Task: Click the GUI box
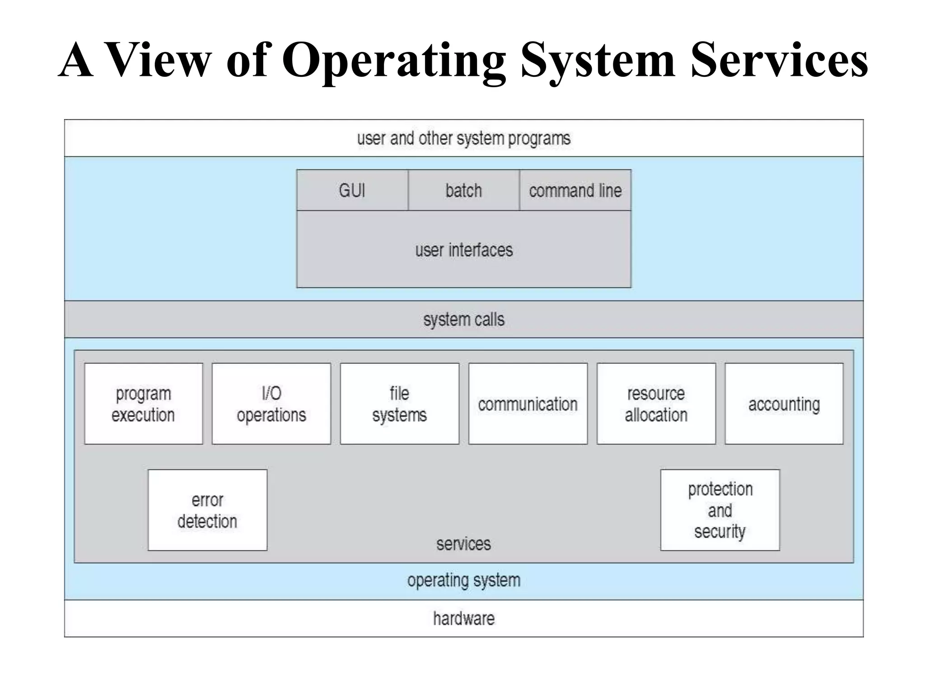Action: click(352, 190)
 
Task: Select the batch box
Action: click(463, 190)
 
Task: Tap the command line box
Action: click(575, 190)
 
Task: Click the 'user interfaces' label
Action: click(464, 250)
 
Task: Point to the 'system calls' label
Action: click(464, 319)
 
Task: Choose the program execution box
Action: click(143, 404)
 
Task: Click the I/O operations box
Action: click(271, 404)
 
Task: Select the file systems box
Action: click(400, 404)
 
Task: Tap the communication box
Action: click(528, 404)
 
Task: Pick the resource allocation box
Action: click(656, 404)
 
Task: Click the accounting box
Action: click(784, 404)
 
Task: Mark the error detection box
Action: click(207, 510)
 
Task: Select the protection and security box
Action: click(720, 510)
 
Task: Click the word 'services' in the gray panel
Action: click(463, 544)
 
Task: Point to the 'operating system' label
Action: click(464, 580)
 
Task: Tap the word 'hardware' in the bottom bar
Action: click(464, 618)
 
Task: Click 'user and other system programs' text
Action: click(464, 138)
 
